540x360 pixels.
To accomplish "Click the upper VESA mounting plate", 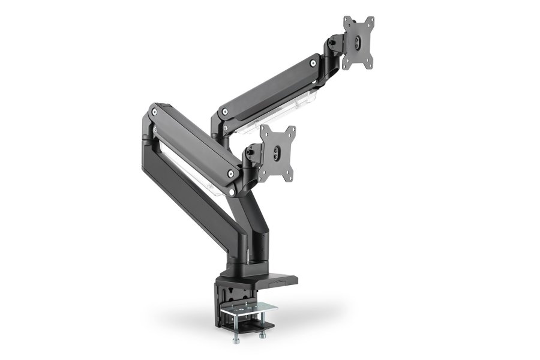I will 358,42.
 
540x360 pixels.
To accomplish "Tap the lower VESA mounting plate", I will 277,153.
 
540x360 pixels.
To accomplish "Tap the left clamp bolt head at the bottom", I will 236,341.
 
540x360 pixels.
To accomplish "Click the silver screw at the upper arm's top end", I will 313,62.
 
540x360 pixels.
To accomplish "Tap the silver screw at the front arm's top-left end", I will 155,112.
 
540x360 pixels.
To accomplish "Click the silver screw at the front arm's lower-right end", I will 230,173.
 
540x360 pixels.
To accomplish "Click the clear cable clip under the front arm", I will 204,180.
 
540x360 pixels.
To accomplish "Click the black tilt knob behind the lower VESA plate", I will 249,157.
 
